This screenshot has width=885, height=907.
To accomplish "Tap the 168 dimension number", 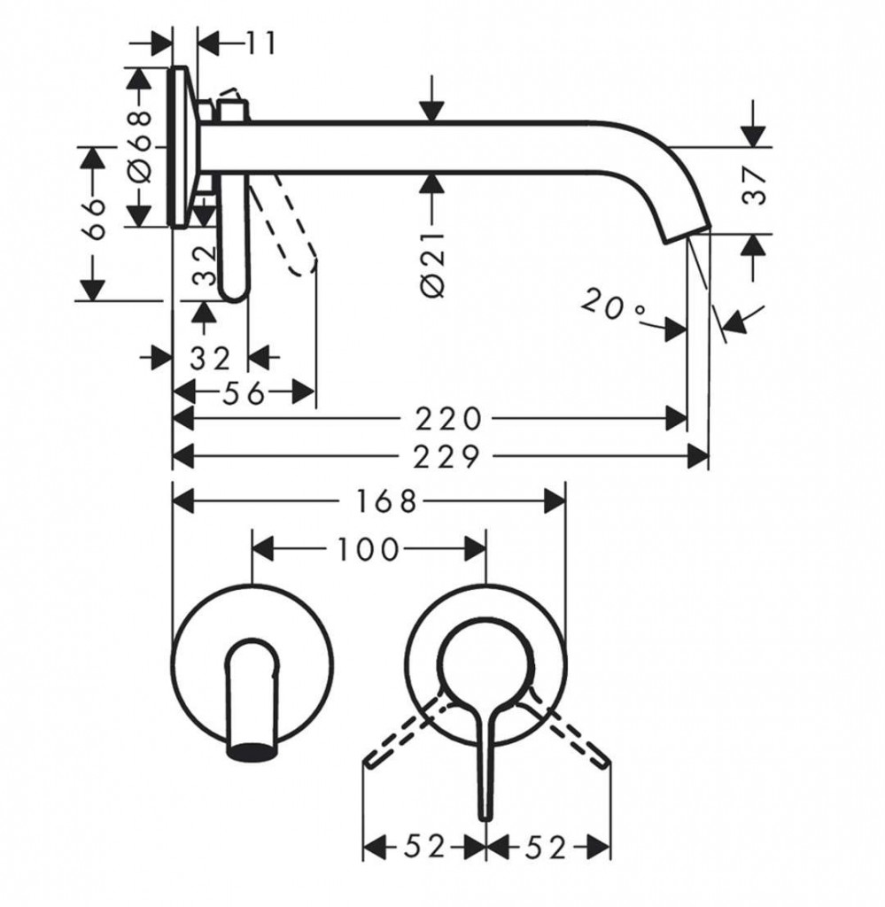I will click(386, 502).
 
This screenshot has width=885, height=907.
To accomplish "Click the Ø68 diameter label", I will click(142, 145).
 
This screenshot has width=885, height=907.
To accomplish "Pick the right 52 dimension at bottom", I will click(547, 848).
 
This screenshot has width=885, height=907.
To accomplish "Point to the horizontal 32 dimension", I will click(210, 358).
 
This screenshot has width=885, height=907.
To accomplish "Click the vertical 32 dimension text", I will click(206, 265).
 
